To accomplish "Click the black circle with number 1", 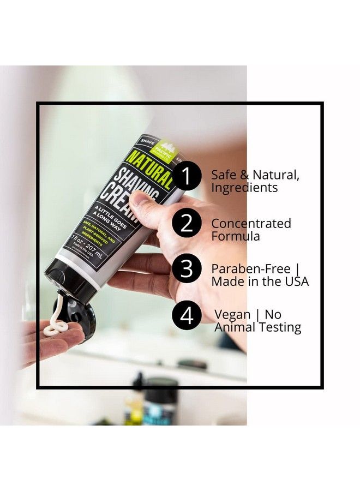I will point(187,177).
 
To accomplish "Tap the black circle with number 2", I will point(187,224).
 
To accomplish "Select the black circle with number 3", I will point(187,270).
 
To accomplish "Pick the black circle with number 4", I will point(187,316).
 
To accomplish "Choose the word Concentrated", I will point(251,224).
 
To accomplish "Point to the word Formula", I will point(235,236).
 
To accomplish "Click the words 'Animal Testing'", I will point(257,327).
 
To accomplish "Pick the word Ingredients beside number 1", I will point(244,188).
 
